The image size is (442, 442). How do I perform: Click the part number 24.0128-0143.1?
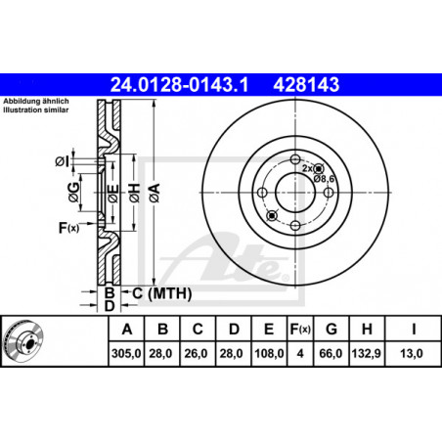click(179, 84)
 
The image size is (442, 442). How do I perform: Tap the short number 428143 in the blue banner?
click(306, 84)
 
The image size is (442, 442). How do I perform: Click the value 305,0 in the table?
click(126, 353)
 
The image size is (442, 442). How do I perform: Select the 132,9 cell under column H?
click(367, 353)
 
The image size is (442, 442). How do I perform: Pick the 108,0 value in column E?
click(269, 353)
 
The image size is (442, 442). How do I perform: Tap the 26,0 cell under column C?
click(196, 353)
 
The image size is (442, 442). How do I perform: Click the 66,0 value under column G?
click(331, 353)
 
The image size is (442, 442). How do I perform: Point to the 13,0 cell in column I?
click(412, 353)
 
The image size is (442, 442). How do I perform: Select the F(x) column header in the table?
click(300, 330)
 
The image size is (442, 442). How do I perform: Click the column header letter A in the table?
click(127, 330)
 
